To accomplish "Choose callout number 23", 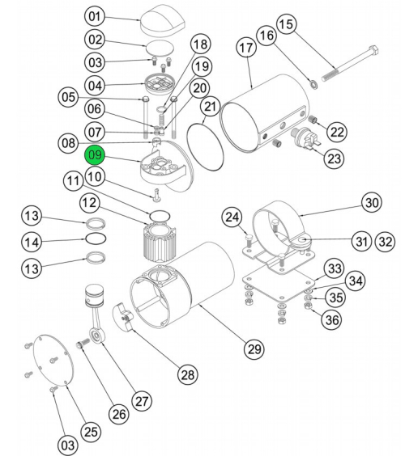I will [x=334, y=158].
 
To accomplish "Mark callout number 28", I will [x=188, y=374].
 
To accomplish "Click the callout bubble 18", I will [x=198, y=44].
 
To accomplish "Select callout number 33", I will [x=333, y=268].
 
